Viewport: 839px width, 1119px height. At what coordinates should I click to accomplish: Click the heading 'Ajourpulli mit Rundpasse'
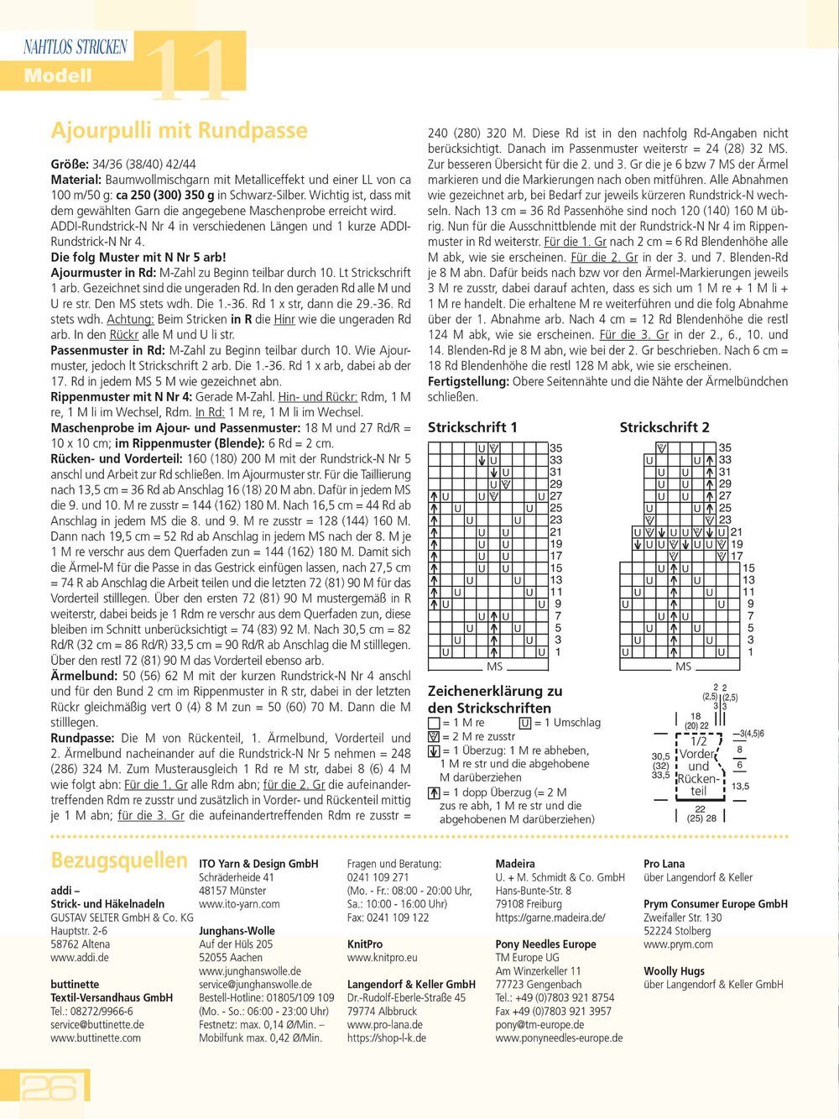[x=179, y=131]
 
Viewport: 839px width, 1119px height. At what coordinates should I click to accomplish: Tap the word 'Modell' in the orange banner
[x=57, y=76]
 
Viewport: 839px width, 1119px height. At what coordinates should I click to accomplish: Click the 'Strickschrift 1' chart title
[x=472, y=427]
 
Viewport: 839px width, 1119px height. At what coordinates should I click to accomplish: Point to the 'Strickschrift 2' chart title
[x=664, y=427]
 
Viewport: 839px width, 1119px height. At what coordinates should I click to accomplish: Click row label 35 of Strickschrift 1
[x=556, y=448]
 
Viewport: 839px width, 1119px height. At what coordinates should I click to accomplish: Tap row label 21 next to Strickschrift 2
[x=737, y=531]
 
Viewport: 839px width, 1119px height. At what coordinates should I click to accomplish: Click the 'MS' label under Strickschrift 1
[x=494, y=667]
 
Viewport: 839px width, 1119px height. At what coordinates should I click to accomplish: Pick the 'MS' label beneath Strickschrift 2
[x=684, y=667]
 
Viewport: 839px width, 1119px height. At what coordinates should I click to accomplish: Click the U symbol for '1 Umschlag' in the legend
[x=525, y=723]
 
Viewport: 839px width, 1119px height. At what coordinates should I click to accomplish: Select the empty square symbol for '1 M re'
[x=434, y=723]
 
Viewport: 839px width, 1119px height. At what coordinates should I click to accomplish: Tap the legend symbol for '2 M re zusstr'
[x=434, y=737]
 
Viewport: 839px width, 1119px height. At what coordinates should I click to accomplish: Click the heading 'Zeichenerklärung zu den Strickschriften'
[x=495, y=699]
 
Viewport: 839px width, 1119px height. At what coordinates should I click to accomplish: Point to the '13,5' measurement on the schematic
[x=740, y=787]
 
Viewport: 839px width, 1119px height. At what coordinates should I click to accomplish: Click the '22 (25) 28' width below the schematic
[x=701, y=813]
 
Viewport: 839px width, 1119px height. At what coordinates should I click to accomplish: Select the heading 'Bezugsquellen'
[x=119, y=860]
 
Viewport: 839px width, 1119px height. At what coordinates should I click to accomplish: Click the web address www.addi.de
[x=80, y=958]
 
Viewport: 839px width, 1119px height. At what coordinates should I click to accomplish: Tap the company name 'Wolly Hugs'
[x=674, y=971]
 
